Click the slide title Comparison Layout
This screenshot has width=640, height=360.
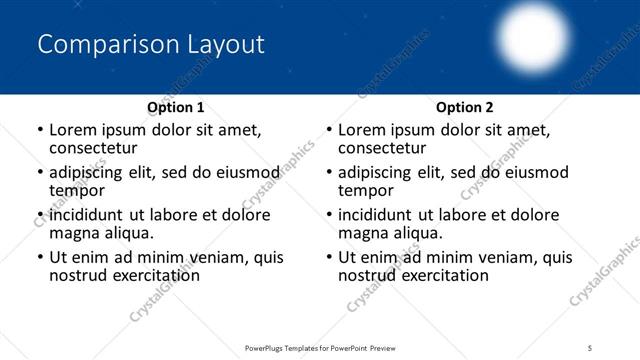[150, 45]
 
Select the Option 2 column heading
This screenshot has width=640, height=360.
[465, 106]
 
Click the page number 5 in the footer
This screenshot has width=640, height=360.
[591, 347]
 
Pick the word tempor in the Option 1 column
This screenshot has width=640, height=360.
[77, 190]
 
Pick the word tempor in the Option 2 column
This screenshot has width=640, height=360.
[366, 190]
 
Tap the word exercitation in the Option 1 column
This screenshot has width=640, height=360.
[154, 275]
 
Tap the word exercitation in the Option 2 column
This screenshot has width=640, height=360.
[443, 275]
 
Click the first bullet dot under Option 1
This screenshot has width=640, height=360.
[39, 130]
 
